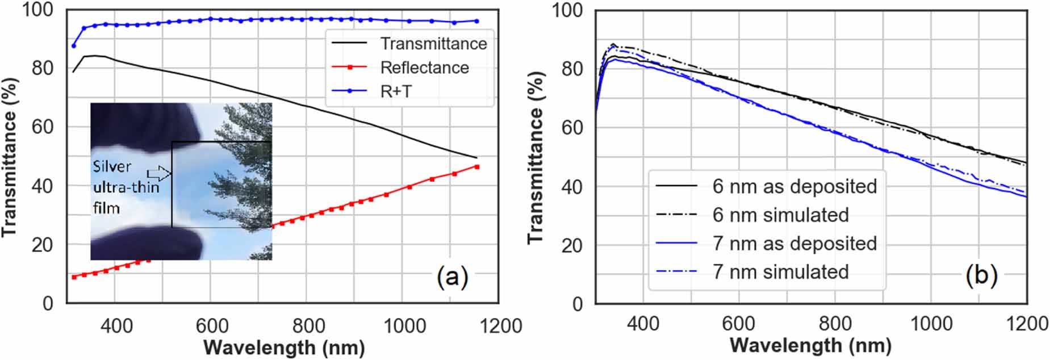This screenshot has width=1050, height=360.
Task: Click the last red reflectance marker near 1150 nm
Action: [477, 167]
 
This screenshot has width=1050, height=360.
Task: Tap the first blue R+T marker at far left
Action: [74, 45]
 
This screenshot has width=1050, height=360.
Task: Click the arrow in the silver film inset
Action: [159, 173]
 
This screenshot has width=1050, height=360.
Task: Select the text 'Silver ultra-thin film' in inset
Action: [125, 187]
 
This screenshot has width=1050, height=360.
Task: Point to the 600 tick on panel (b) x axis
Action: [738, 324]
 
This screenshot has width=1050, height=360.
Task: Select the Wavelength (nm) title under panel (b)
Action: [810, 345]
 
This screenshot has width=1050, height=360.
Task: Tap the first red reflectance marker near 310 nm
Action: [74, 277]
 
